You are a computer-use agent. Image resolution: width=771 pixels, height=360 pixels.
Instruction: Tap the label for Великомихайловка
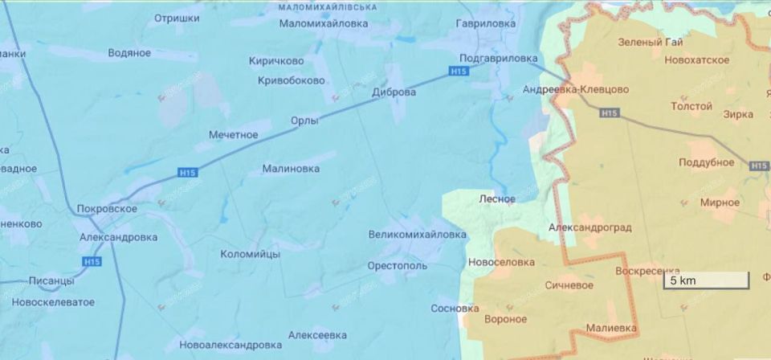[417, 235]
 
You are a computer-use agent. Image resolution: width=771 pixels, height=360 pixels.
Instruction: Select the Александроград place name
[589, 227]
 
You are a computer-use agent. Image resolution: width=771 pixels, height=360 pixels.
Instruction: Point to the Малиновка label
[291, 169]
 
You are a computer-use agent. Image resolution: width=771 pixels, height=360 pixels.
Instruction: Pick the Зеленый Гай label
[651, 42]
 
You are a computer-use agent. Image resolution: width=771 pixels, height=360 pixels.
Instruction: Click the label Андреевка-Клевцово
[576, 89]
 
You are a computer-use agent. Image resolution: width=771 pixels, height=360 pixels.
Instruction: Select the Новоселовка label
[501, 262]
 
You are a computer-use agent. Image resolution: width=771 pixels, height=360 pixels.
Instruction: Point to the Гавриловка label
[485, 24]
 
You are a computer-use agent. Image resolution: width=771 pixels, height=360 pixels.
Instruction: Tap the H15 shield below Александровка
[92, 261]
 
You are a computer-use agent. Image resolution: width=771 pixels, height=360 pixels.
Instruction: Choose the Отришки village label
[177, 16]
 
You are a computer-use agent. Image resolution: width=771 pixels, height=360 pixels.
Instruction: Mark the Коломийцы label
[250, 254]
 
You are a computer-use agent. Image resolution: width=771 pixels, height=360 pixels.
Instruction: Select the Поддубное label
[707, 162]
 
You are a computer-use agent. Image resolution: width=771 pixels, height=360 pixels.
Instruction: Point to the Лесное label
[496, 198]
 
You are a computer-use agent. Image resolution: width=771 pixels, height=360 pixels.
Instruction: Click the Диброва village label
[394, 92]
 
